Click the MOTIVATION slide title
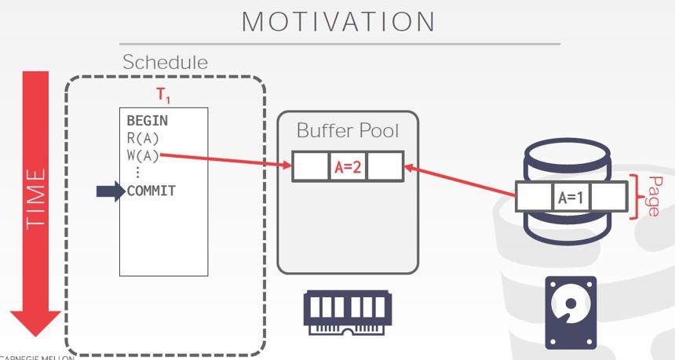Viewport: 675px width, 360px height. [x=338, y=21]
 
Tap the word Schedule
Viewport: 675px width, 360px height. [x=166, y=62]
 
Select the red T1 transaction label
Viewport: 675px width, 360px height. [x=163, y=95]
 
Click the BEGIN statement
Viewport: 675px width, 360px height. [x=148, y=121]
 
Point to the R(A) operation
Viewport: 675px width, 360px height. [x=143, y=139]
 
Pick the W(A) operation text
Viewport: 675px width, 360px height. [x=143, y=156]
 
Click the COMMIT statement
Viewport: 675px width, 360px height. [x=151, y=191]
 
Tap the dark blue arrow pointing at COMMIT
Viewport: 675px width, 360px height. [x=111, y=191]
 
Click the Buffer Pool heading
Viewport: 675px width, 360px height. [x=348, y=130]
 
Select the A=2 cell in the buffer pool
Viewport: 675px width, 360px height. [x=348, y=167]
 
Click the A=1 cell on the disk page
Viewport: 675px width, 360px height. [x=571, y=197]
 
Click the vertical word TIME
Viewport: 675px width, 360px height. [x=35, y=198]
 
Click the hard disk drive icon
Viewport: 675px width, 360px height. [x=571, y=313]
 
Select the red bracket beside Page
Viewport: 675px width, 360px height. [x=636, y=197]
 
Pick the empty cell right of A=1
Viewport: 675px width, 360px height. [x=608, y=197]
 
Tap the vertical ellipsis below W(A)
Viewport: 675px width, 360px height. [x=138, y=172]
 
